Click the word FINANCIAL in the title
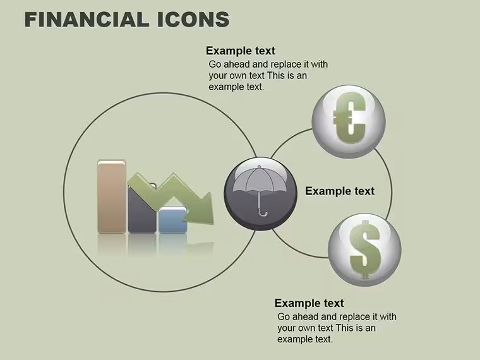coord(87,20)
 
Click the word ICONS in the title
coord(193,20)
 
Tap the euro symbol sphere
coord(349,121)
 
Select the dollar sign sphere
coord(364,249)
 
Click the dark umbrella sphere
coord(260,194)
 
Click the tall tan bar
coord(111,196)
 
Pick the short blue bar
coord(172,220)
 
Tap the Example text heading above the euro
coord(241,51)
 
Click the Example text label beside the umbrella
coord(340,191)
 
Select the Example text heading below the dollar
coord(309,303)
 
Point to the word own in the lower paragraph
coord(308,328)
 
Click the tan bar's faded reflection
coord(111,244)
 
